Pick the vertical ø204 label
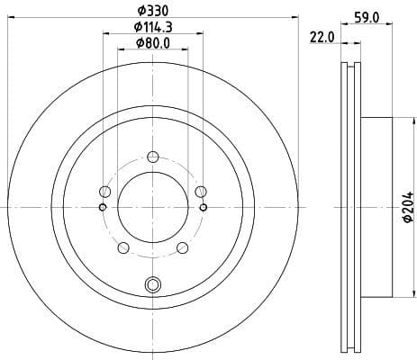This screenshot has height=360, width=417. pos(407,207)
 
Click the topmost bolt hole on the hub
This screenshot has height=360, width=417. pos(152,154)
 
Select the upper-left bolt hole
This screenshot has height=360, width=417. pos(105,192)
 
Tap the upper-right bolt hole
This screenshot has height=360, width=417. pos(200,190)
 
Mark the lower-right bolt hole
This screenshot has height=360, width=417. pos(182,247)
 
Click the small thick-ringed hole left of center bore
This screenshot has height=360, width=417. pos(102,208)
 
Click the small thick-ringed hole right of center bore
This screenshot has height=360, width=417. pos(204,208)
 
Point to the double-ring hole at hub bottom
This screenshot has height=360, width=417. pos(152,286)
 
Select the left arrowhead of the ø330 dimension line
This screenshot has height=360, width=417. pos(9,18)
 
